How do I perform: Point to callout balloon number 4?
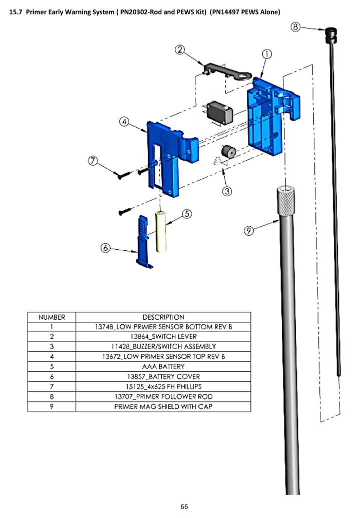(124, 122)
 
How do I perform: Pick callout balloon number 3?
(227, 191)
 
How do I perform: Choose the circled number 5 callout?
(186, 214)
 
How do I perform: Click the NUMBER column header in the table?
(52, 317)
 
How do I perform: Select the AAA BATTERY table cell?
(163, 366)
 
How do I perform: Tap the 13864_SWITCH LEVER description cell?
(163, 336)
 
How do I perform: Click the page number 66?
(184, 506)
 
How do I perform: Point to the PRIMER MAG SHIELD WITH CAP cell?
(163, 406)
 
